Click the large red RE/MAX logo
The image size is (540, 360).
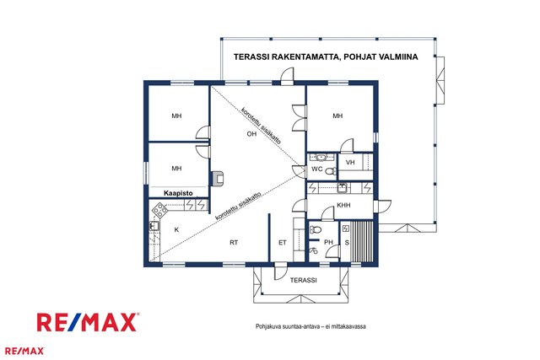coord(88,322)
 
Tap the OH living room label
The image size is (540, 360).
coord(251,133)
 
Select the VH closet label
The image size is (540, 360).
coord(350,162)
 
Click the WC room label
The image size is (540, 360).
coord(317,169)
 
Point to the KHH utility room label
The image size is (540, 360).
coord(343,205)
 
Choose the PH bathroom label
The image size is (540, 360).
coord(328,242)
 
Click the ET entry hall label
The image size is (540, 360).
coord(283,243)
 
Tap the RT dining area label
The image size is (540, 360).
coord(234,243)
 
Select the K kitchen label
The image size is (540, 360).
coord(176,230)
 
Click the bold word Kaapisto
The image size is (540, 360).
coord(178,193)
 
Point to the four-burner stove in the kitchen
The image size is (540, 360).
coord(159,210)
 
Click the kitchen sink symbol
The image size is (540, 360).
coord(154,226)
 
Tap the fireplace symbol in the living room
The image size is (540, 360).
coord(218,178)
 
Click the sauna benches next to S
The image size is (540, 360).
coord(362,242)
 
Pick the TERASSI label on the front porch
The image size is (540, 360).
coord(303,280)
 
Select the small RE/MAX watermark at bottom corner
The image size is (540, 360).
coord(24,351)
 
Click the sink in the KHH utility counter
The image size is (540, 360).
coord(342,188)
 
